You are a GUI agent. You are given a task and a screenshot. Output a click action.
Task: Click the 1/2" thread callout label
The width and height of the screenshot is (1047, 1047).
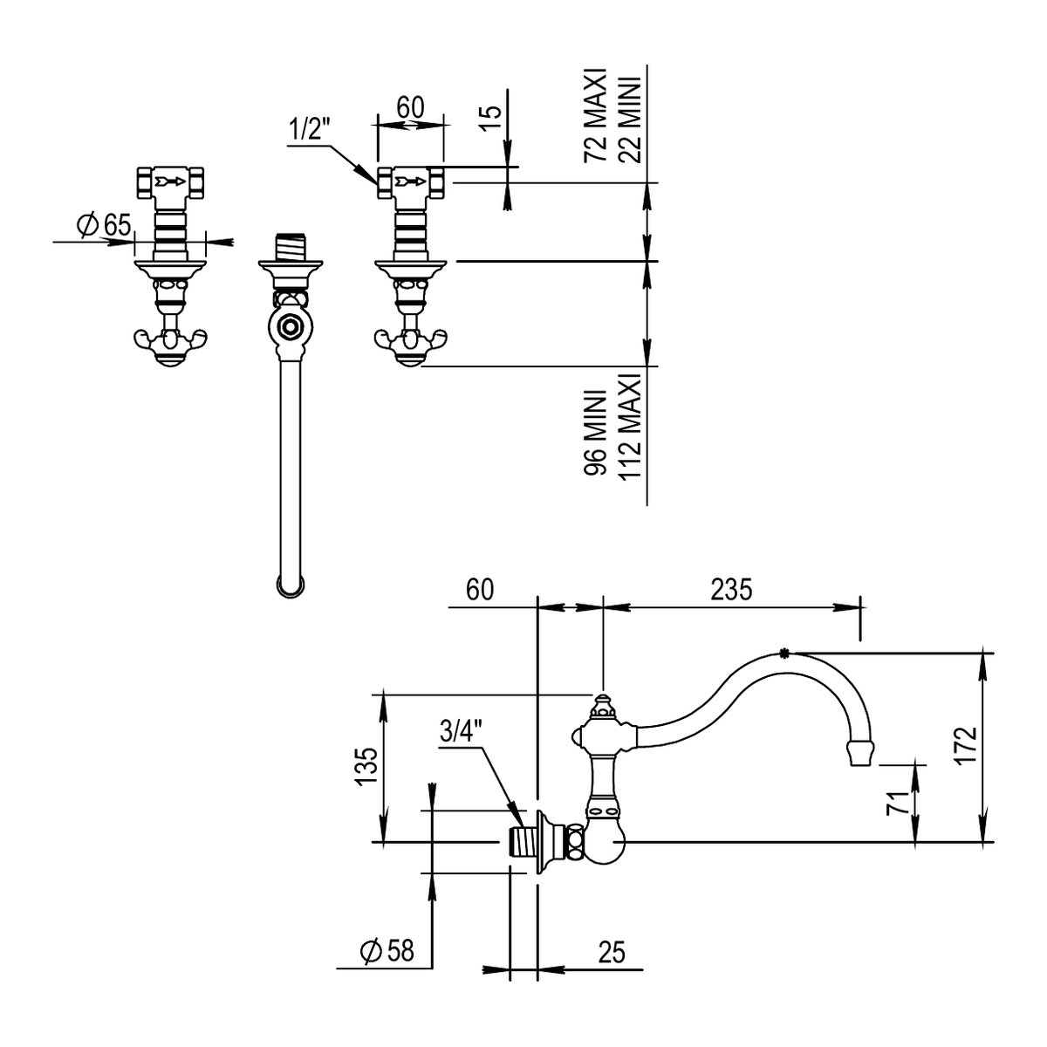(x=309, y=130)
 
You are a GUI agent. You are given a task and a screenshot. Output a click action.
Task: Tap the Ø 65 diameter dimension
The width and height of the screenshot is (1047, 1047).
(x=104, y=225)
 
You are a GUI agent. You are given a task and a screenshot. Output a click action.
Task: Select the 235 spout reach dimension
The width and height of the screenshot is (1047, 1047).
(x=731, y=590)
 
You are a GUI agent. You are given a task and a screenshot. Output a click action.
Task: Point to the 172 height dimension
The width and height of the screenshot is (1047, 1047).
(x=966, y=745)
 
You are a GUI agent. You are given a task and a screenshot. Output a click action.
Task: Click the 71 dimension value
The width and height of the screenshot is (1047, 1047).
(x=898, y=803)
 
